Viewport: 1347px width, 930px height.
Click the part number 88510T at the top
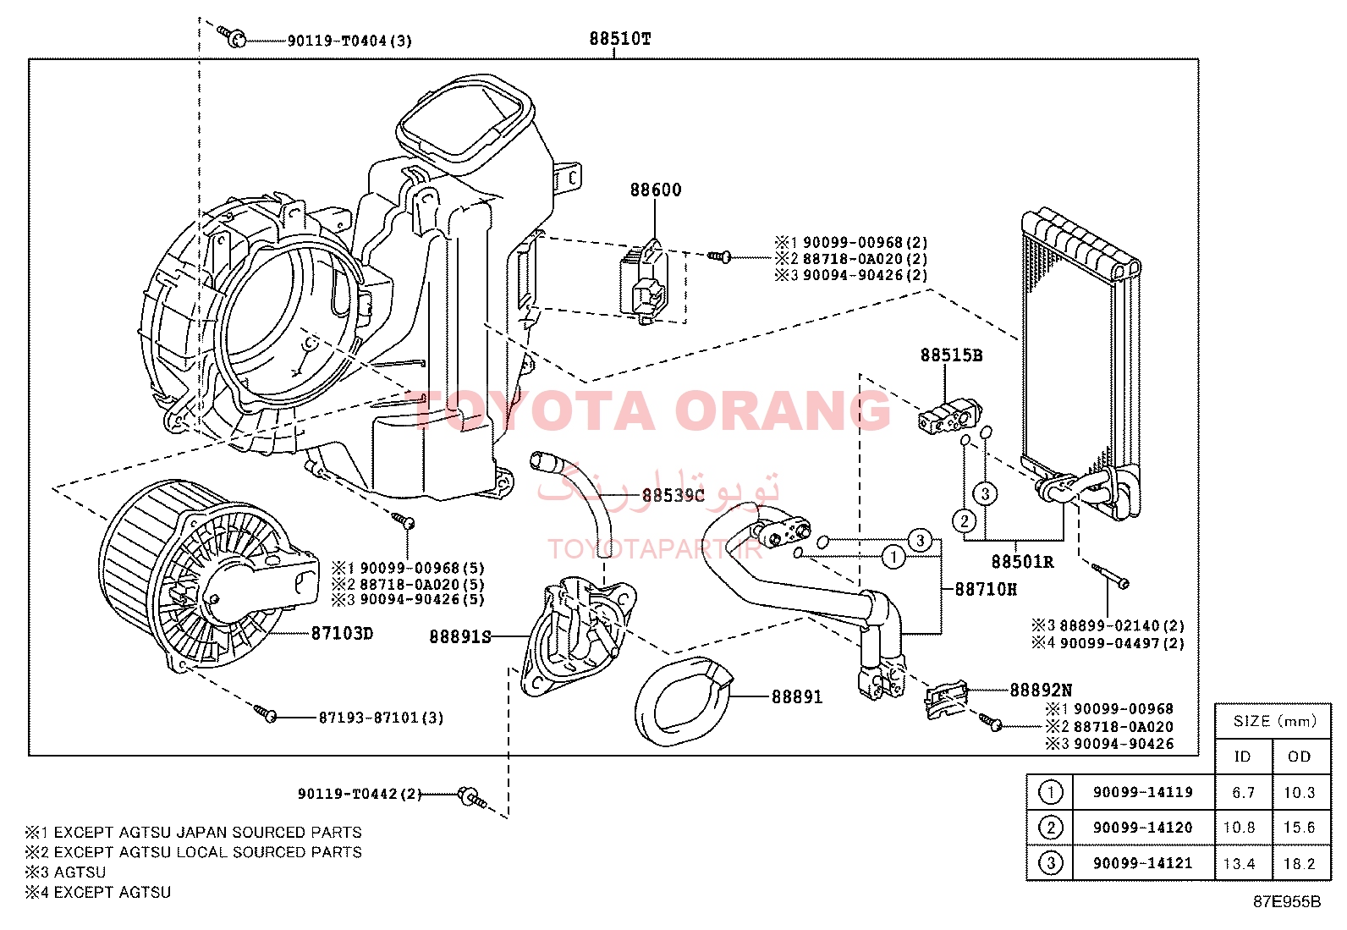tap(620, 39)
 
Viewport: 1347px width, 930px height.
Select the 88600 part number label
tap(655, 190)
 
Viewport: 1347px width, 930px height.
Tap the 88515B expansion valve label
tap(951, 355)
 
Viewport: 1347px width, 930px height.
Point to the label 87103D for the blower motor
tap(342, 633)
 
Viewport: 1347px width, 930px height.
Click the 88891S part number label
tap(459, 636)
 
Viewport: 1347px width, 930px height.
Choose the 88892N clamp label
tap(1041, 691)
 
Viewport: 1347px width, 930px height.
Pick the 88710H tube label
tap(986, 589)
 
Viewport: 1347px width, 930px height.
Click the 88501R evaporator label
tap(1022, 562)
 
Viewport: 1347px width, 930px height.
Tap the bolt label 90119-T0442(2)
tap(359, 794)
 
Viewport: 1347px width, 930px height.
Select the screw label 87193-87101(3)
tap(381, 718)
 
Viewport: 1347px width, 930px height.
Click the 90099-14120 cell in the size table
tap(1142, 828)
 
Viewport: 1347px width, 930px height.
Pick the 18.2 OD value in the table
tap(1299, 864)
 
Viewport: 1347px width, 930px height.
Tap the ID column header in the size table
tap(1242, 757)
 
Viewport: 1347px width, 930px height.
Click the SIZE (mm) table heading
tap(1274, 721)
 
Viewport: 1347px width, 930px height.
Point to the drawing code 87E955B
tap(1286, 902)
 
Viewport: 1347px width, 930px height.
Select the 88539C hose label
tap(673, 495)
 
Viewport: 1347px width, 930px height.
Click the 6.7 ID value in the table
tap(1243, 793)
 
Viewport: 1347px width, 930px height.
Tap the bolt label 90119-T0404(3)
tap(349, 41)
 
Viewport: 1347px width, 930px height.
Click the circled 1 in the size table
tap(1050, 793)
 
